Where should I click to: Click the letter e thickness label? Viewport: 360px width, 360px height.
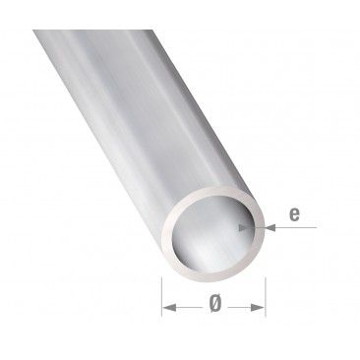tap(296, 210)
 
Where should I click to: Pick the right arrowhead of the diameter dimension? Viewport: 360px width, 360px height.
tap(262, 308)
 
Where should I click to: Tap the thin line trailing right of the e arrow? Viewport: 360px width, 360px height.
tap(300, 227)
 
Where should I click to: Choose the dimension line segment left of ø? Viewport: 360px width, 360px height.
tap(187, 308)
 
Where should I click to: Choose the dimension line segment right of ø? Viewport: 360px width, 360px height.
tap(242, 308)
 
